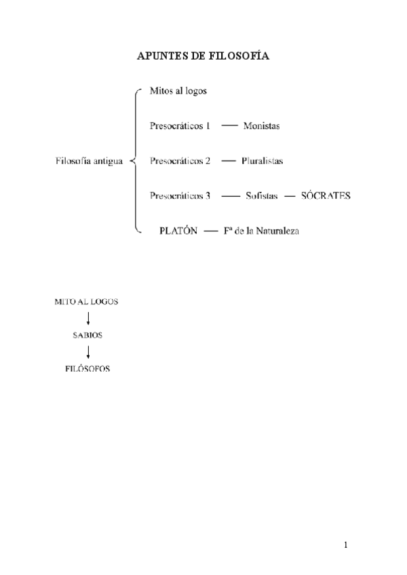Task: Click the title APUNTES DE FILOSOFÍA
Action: click(x=203, y=58)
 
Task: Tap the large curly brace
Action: click(x=135, y=161)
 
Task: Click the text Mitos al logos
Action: click(x=178, y=91)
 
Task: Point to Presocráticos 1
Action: click(x=180, y=126)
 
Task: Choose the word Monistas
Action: click(x=261, y=126)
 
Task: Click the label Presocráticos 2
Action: click(x=180, y=161)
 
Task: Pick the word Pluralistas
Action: click(x=262, y=161)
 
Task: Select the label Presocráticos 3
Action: click(x=180, y=196)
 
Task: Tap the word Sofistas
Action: click(x=262, y=196)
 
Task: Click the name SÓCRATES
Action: click(x=325, y=196)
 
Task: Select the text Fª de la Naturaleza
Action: click(x=260, y=231)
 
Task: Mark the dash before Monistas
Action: click(x=230, y=126)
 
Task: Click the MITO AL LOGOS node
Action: click(x=86, y=301)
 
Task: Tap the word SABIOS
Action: click(x=88, y=336)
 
